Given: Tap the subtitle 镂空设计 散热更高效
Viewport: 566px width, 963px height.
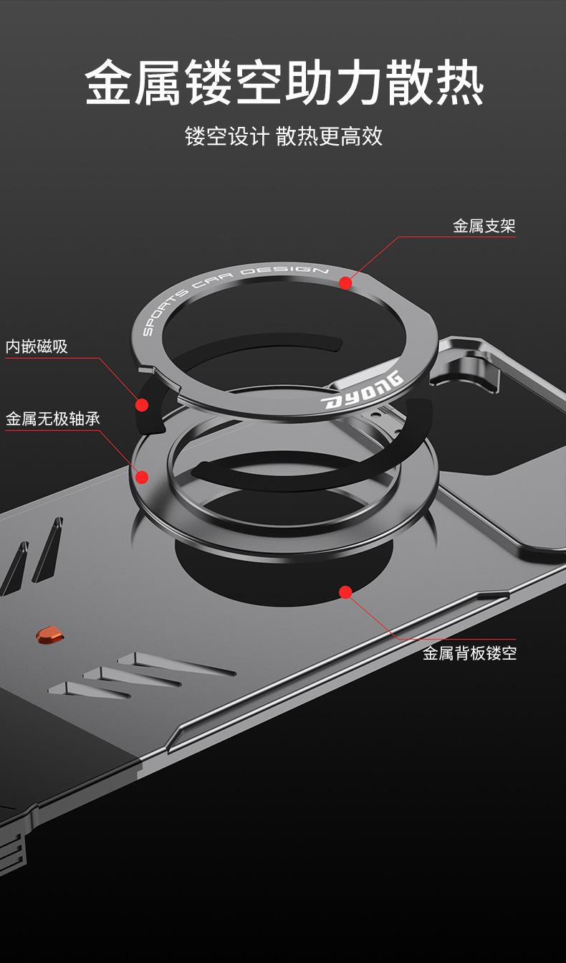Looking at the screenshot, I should [x=284, y=136].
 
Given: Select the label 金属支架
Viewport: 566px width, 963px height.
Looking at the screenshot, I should [x=484, y=227].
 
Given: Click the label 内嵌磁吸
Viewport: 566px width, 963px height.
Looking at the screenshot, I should [x=37, y=347].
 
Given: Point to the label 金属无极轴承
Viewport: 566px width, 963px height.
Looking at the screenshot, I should [x=53, y=419].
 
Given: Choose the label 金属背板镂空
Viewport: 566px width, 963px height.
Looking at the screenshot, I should [x=469, y=653].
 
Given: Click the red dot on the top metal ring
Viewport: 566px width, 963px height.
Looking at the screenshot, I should [x=345, y=283].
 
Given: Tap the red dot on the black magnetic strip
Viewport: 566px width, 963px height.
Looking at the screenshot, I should [x=142, y=405].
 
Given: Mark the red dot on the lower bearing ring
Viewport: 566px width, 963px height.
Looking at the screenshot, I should [x=142, y=477].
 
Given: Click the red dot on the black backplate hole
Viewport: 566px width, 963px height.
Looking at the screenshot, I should [x=345, y=592].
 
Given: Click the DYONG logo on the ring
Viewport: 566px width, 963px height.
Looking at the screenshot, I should [x=363, y=391].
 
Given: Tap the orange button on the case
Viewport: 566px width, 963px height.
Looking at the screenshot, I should [x=49, y=634].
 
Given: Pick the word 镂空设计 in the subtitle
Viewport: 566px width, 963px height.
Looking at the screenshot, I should [x=226, y=136].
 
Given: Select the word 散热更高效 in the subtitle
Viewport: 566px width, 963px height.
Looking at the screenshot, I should [x=330, y=136].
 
